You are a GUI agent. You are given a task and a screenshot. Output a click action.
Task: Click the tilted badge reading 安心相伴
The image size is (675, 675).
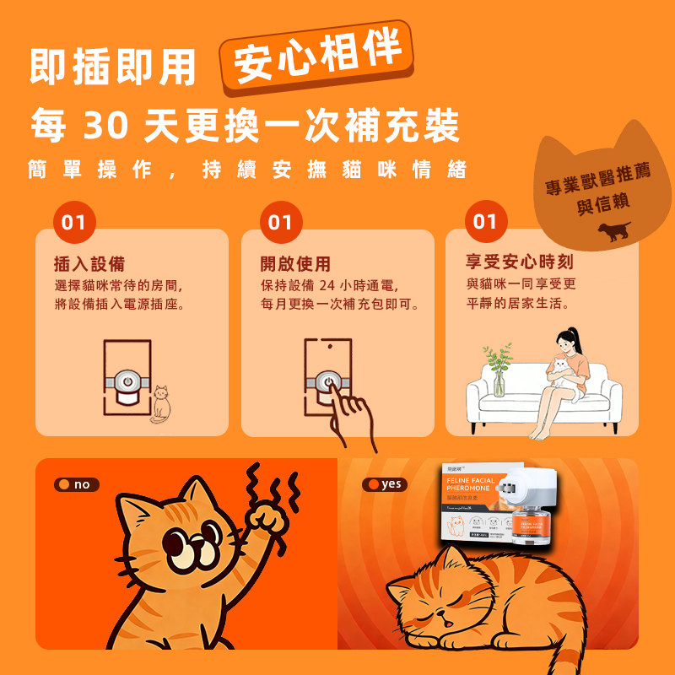click(x=317, y=57)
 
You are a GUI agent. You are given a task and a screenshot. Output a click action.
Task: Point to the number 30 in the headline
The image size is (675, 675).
click(x=106, y=126)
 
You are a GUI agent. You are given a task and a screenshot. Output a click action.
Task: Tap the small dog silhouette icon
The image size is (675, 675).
click(x=614, y=231)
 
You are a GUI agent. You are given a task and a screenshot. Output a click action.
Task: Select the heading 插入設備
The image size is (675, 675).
click(x=89, y=263)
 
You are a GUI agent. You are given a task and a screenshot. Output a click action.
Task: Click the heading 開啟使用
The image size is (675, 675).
click(x=295, y=263)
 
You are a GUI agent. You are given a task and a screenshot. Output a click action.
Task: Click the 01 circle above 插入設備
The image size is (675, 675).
click(x=74, y=223)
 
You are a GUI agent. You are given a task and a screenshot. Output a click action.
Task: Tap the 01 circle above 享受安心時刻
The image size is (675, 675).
click(x=486, y=222)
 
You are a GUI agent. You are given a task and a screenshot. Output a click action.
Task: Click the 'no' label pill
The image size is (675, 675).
click(x=77, y=484)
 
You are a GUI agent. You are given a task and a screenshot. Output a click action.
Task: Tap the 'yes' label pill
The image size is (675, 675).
click(x=384, y=484)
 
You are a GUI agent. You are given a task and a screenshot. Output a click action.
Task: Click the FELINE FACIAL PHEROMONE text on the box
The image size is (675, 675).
click(x=478, y=487)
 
